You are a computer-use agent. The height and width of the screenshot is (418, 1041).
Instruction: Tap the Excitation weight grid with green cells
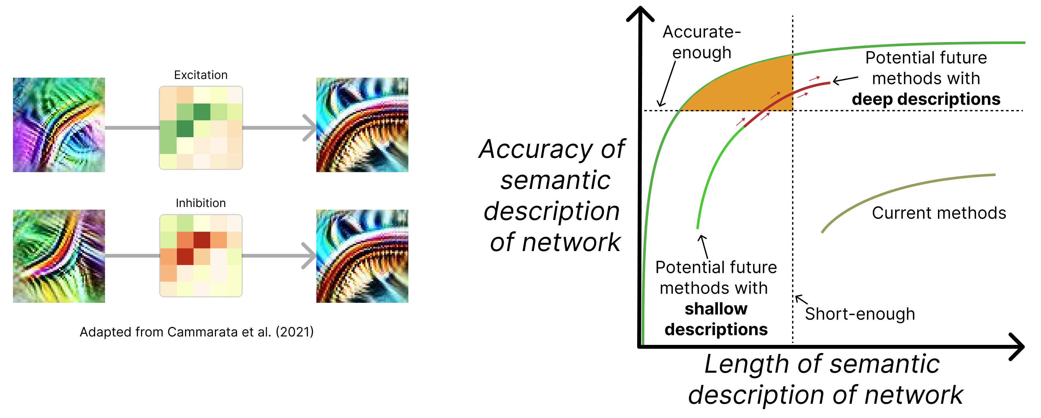[x=201, y=127]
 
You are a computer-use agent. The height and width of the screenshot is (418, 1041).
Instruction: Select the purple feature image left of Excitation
[x=59, y=125]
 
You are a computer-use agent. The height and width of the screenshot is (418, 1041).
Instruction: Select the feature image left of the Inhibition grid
[x=59, y=256]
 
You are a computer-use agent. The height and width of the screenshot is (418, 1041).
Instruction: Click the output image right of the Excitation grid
[x=362, y=125]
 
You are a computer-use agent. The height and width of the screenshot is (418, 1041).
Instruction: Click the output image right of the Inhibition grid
[x=362, y=256]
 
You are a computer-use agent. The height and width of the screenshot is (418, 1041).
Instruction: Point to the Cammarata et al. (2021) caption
[x=196, y=332]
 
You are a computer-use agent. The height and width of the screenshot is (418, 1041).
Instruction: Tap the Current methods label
[x=938, y=213]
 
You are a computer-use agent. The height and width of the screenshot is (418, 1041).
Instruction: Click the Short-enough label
[x=860, y=314]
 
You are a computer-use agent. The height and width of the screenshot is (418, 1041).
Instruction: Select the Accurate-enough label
[x=702, y=42]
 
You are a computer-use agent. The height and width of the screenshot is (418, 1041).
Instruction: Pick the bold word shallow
[x=716, y=309]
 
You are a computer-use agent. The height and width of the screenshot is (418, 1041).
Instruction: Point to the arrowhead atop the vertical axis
[x=640, y=12]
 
